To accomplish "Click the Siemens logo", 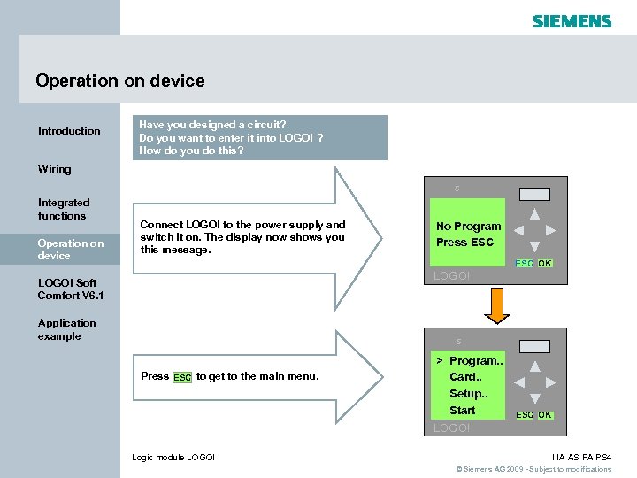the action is click(572, 20).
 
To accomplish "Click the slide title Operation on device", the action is click(120, 81).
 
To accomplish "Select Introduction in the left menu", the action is click(69, 131).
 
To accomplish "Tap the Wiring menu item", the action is click(55, 169).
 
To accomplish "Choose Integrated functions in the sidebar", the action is click(64, 209).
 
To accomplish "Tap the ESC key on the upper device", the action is click(524, 264).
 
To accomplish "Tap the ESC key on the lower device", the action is click(524, 415).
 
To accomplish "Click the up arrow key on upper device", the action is click(534, 213).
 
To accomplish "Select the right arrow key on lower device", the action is click(551, 382).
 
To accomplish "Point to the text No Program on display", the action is click(468, 227).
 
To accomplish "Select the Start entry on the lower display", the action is click(462, 411).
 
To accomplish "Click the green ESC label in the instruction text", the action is click(182, 377).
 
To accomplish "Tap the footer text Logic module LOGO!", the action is click(173, 457).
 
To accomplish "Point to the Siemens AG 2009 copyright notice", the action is click(533, 469).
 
